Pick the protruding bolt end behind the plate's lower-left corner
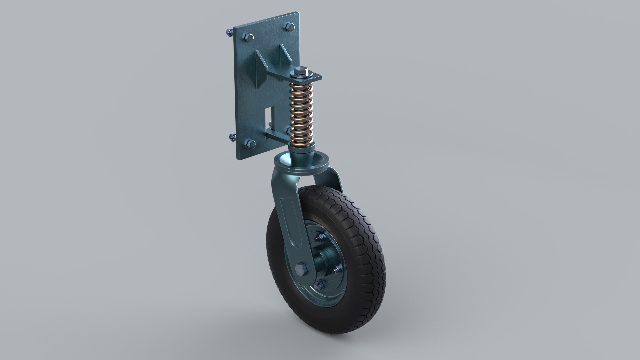[232, 137]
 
